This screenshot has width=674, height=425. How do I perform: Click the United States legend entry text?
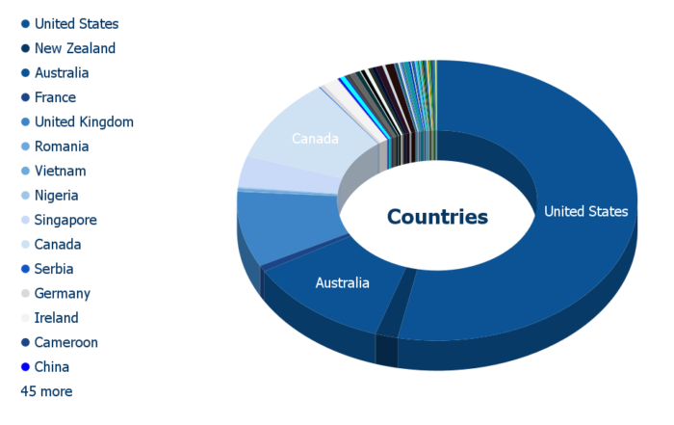pos(76,24)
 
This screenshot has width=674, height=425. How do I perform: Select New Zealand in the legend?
pos(75,48)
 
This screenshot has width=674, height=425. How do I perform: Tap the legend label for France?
pos(55,97)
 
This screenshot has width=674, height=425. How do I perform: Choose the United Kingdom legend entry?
pos(84,121)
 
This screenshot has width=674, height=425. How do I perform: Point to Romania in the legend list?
pos(62,146)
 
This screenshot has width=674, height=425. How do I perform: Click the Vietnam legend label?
pos(60,171)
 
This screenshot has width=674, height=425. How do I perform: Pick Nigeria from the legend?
pos(56,196)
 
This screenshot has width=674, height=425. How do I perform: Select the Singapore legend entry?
pos(65,221)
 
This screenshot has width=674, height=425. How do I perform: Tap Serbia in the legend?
pos(54,269)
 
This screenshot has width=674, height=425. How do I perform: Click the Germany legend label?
pos(63,293)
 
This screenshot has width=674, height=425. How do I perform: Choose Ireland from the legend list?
pos(56,318)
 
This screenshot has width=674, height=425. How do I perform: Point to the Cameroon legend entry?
pos(66,342)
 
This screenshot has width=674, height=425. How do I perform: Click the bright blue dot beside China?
pos(25,367)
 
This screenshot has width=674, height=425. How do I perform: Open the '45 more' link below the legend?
pos(46,391)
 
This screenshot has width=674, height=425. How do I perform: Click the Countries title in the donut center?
pos(437,217)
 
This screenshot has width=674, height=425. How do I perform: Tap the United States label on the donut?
pos(585,211)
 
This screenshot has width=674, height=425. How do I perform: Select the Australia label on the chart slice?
pos(342,282)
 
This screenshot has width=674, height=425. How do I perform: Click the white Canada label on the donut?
pos(315,139)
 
